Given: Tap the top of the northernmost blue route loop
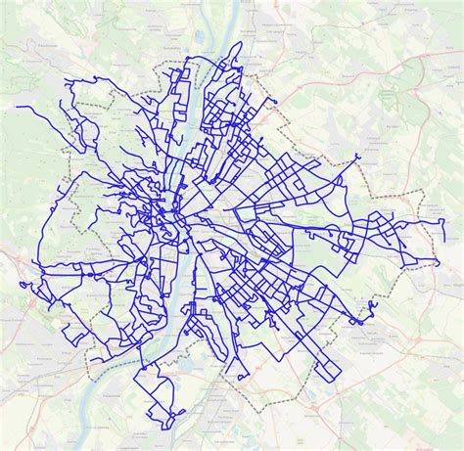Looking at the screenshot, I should (x=238, y=44).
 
